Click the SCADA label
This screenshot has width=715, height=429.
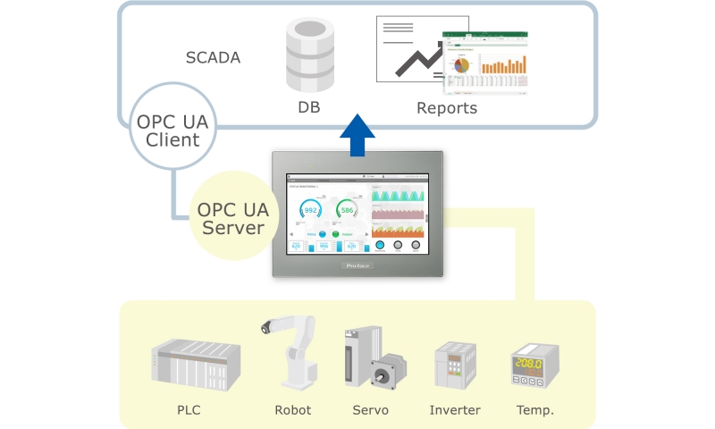213,58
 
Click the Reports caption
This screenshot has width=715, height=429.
447,108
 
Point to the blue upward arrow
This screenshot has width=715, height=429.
359,134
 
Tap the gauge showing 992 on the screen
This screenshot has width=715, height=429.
310,211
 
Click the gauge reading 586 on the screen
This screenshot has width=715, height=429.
348,211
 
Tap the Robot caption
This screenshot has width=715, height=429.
292,410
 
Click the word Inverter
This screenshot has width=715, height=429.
455,410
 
